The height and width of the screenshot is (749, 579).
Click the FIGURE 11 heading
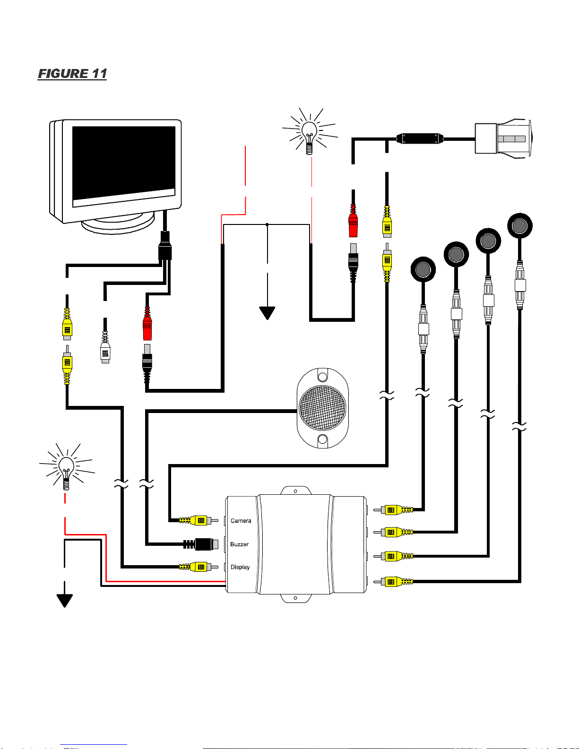coord(72,74)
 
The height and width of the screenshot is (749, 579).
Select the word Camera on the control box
coord(241,520)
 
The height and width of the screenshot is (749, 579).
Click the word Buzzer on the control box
coord(239,544)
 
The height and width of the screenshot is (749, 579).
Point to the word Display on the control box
coord(240,568)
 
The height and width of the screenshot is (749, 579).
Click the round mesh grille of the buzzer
coord(322,408)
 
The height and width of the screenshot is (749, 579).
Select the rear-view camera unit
coord(503,138)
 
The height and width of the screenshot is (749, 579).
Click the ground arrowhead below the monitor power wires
coord(267,313)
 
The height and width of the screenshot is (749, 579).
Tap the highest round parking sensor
coord(520,226)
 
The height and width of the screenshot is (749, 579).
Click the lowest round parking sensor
coord(423,269)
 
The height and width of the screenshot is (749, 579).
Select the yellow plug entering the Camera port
coord(199,520)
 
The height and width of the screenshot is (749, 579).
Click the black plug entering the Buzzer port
coord(201,544)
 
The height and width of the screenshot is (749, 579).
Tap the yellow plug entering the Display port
coord(199,567)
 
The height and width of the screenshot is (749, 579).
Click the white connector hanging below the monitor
coord(105,347)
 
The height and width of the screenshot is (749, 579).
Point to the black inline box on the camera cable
coord(419,138)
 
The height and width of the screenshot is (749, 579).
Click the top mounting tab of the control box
coord(296,491)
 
